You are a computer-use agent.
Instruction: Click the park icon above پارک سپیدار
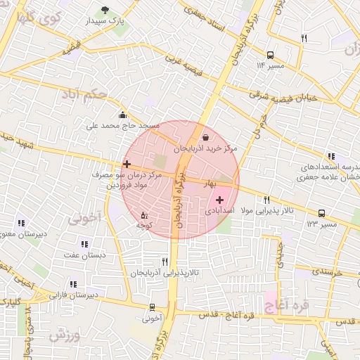[105, 10]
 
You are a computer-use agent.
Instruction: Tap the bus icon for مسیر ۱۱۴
[270, 54]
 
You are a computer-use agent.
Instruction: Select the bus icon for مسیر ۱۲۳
[321, 213]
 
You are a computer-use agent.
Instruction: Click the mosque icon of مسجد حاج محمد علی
[123, 115]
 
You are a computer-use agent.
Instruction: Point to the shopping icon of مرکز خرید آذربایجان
[205, 137]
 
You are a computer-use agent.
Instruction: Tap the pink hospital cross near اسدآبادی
[219, 200]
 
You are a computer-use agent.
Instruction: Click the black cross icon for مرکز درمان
[127, 164]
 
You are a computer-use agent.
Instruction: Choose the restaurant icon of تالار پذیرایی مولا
[266, 200]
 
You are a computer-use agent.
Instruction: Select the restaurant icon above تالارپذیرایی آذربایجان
[165, 261]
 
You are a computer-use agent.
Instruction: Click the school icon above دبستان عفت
[84, 244]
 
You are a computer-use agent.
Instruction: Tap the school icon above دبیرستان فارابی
[74, 285]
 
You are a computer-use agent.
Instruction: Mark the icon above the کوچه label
[144, 214]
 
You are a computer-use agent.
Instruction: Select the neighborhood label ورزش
[65, 335]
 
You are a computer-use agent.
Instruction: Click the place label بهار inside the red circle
[210, 184]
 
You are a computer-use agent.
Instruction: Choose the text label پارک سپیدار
[109, 22]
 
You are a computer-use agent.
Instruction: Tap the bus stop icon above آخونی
[152, 307]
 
